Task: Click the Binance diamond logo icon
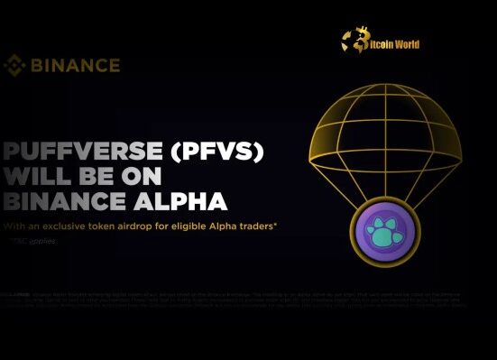14,65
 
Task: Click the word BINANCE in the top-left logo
74,65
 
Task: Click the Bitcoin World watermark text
394,43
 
